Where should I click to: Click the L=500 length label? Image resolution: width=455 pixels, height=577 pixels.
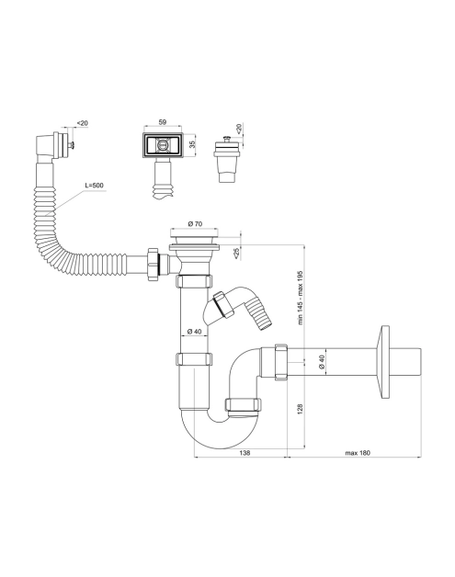(x=95, y=186)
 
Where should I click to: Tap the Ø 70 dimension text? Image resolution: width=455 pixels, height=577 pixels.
(x=195, y=223)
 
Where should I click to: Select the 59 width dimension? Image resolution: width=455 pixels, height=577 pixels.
(x=163, y=122)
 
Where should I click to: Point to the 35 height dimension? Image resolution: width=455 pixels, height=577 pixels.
(x=191, y=144)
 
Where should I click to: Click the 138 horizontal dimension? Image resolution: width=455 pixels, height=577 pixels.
(x=245, y=453)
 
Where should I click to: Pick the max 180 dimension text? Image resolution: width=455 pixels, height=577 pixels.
(x=358, y=453)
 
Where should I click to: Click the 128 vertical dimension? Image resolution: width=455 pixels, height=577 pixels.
(x=300, y=409)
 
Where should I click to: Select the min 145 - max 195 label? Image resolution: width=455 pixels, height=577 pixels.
(x=300, y=298)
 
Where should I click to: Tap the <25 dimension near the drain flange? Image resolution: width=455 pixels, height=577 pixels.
(x=236, y=253)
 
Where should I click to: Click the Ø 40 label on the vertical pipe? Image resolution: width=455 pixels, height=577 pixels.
(x=194, y=331)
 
